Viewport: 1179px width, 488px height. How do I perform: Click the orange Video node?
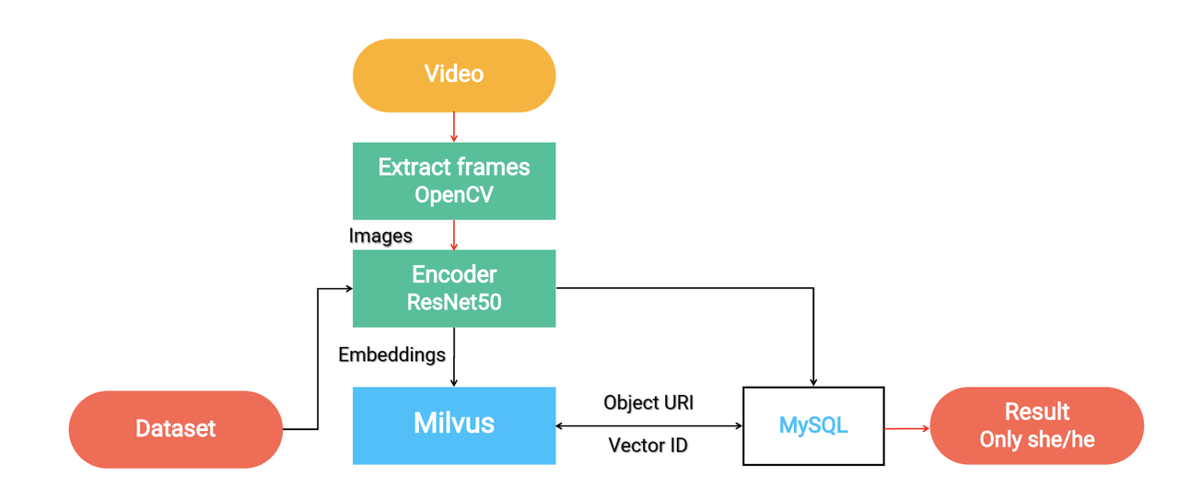pyautogui.click(x=453, y=75)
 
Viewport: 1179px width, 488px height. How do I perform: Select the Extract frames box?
pyautogui.click(x=453, y=180)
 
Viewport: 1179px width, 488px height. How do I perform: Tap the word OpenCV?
pyautogui.click(x=453, y=195)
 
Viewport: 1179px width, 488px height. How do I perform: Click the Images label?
pyautogui.click(x=380, y=236)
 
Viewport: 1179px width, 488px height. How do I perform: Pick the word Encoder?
pyautogui.click(x=454, y=274)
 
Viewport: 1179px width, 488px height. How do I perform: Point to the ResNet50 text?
pyautogui.click(x=454, y=301)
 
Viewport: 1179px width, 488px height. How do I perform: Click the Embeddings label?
pyautogui.click(x=391, y=354)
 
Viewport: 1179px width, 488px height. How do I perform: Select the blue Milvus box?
pyautogui.click(x=453, y=424)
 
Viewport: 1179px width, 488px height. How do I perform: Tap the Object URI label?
pyautogui.click(x=648, y=402)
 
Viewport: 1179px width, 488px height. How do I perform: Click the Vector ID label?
pyautogui.click(x=648, y=446)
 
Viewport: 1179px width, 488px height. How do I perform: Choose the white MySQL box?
pyautogui.click(x=813, y=425)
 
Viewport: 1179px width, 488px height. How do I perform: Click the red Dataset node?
pyautogui.click(x=175, y=429)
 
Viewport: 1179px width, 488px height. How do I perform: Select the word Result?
pyautogui.click(x=1037, y=412)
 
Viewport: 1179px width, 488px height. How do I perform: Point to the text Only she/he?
pyautogui.click(x=1037, y=439)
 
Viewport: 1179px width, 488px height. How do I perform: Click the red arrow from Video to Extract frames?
pyautogui.click(x=453, y=127)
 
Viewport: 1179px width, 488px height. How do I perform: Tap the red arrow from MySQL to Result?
pyautogui.click(x=907, y=428)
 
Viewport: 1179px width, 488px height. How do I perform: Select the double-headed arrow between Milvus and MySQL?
pyautogui.click(x=648, y=425)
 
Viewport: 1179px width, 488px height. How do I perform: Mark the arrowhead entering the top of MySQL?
pyautogui.click(x=813, y=381)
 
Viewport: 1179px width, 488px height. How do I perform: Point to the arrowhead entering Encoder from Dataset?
pyautogui.click(x=348, y=289)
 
